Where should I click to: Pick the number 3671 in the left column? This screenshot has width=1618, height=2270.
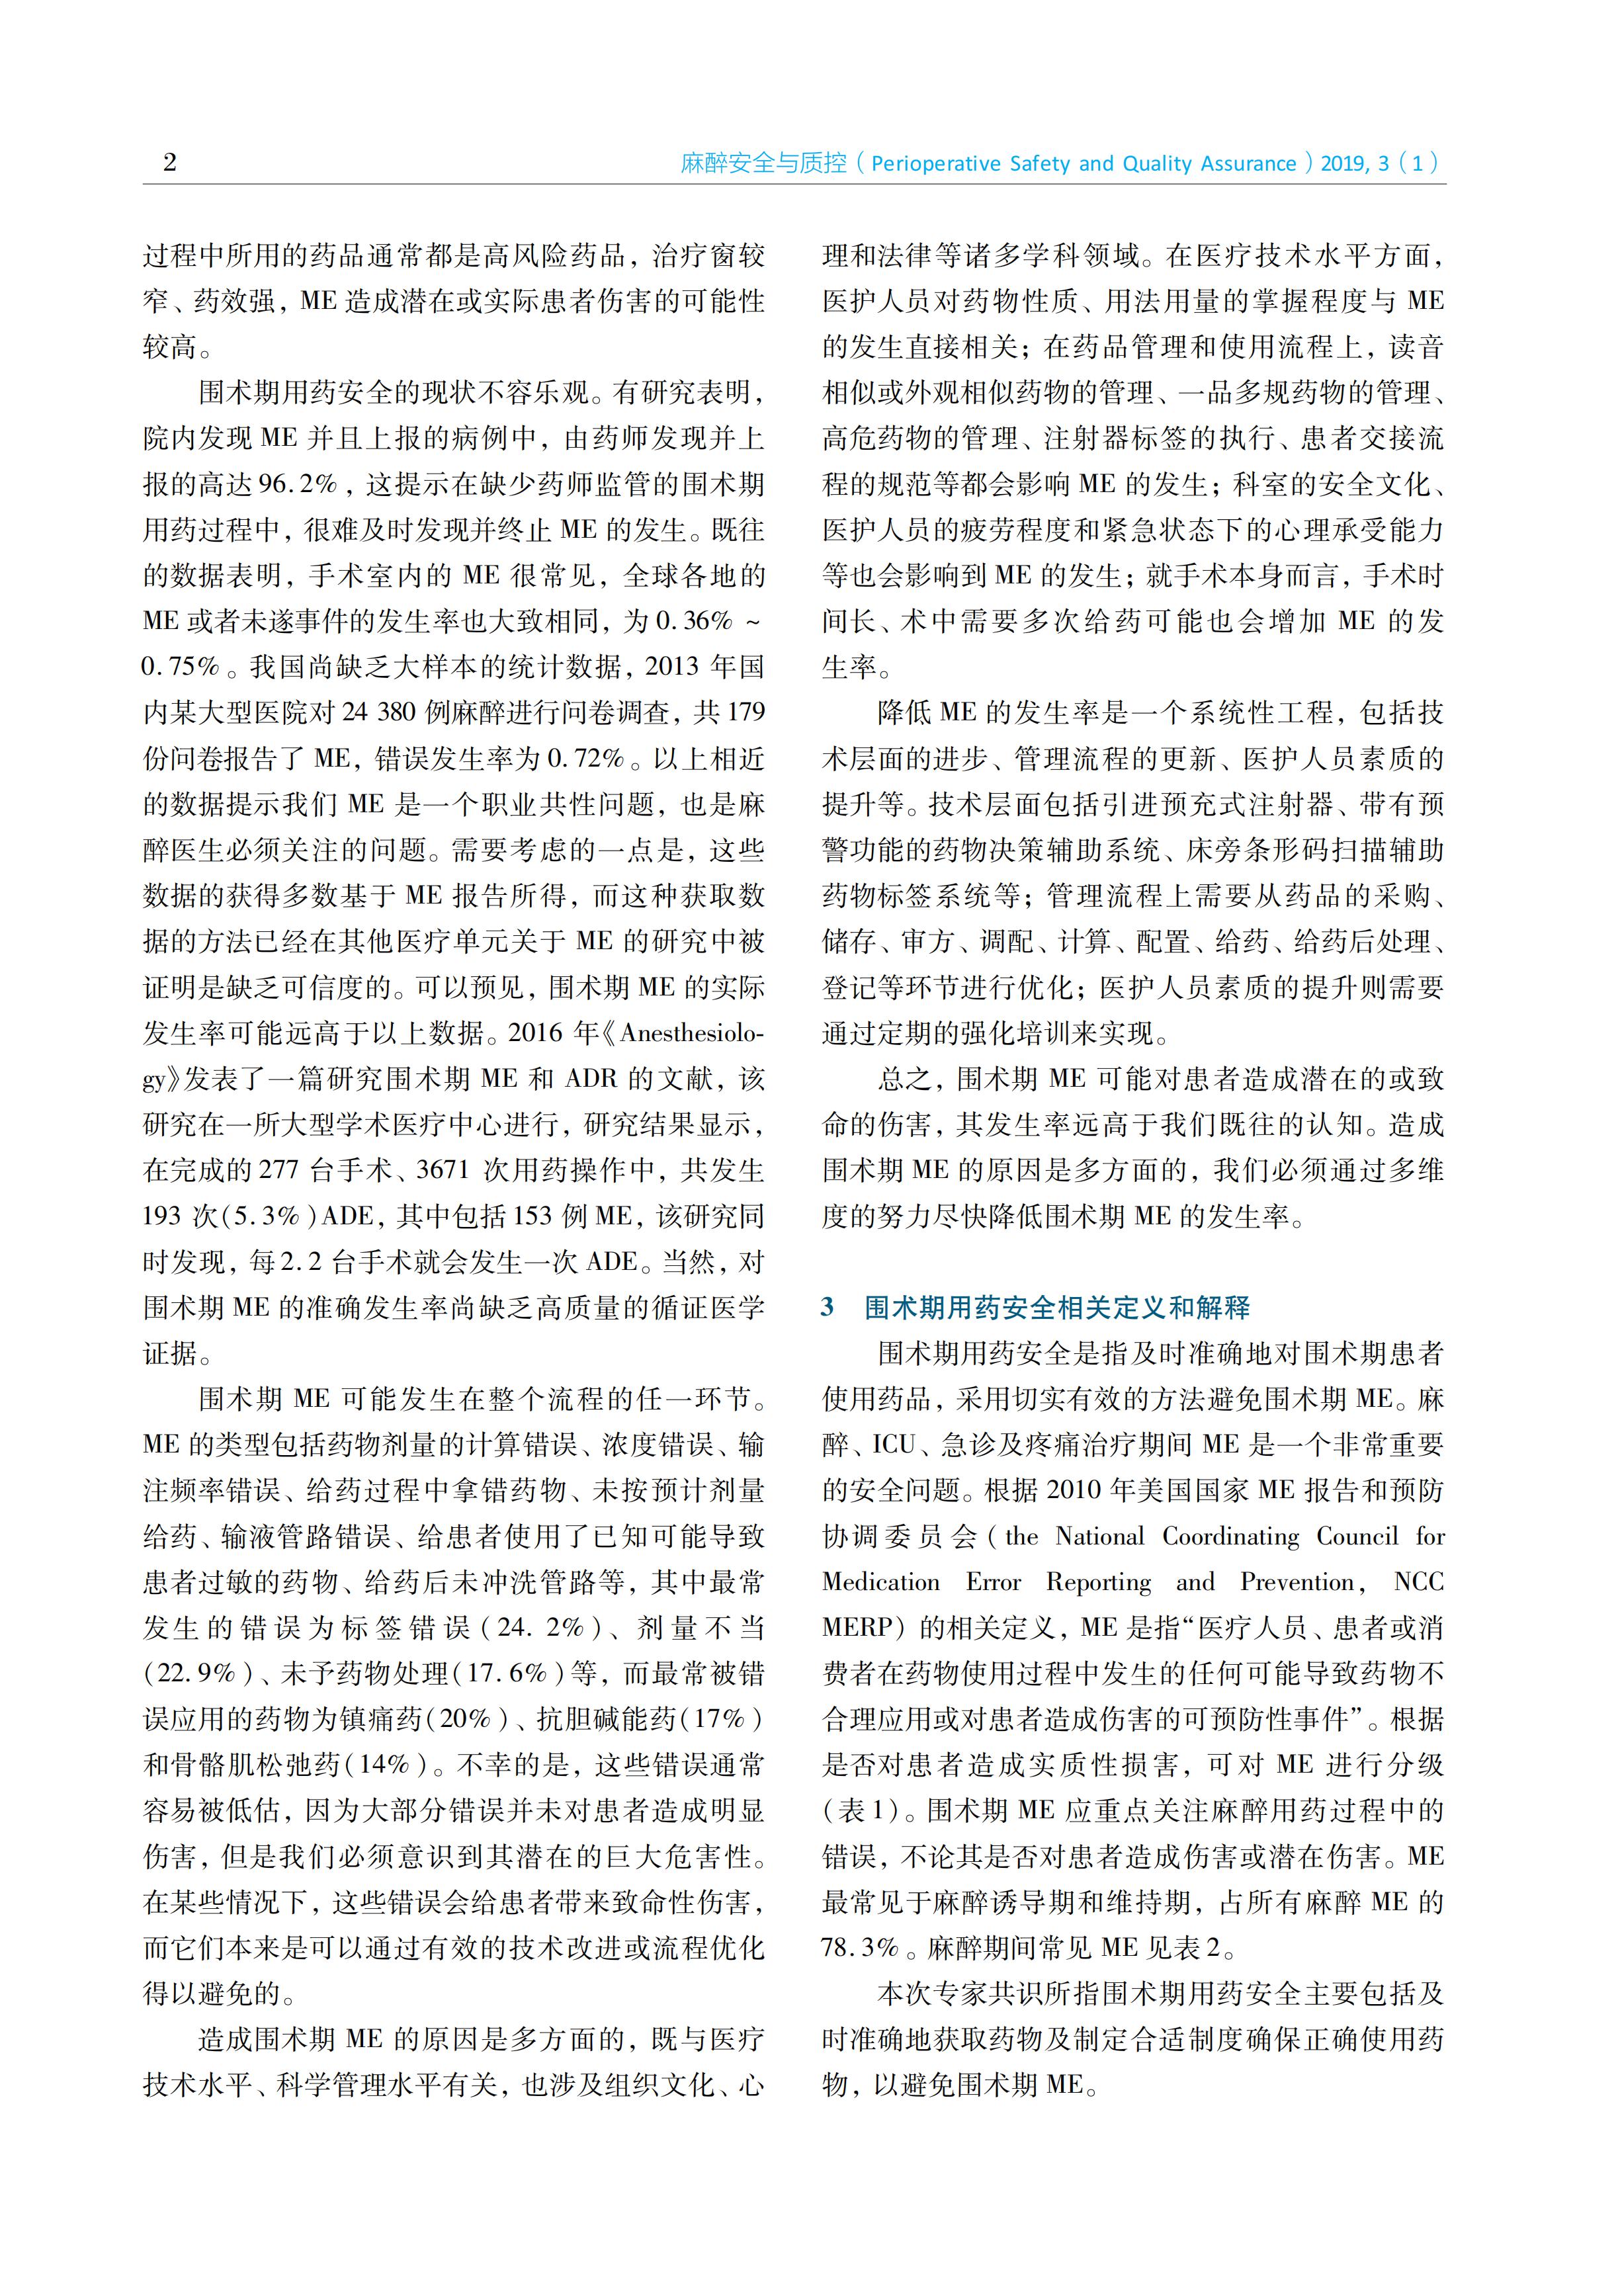441,1169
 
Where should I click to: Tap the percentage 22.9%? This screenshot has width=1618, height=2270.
197,1673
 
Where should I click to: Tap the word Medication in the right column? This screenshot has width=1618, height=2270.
880,1581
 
